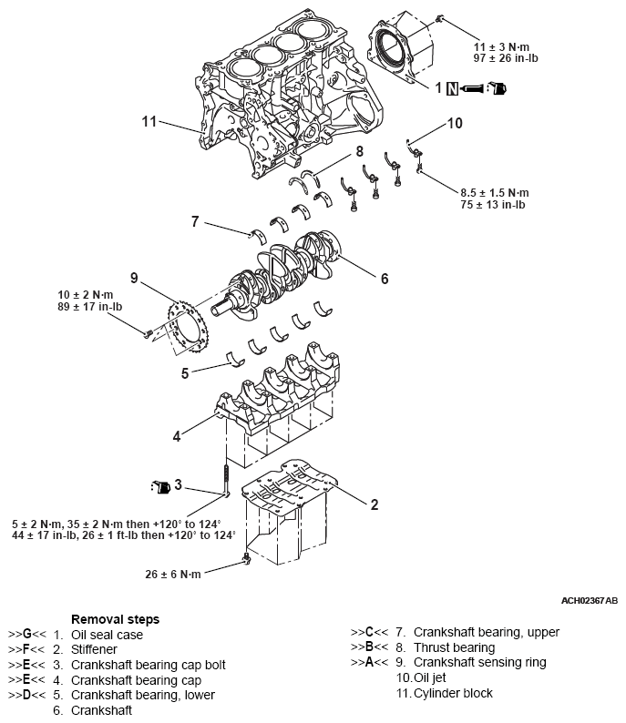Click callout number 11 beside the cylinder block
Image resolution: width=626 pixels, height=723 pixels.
pos(149,120)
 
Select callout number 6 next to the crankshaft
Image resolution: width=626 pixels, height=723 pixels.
pos(384,279)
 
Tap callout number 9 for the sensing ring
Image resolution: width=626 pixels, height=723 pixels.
pos(134,277)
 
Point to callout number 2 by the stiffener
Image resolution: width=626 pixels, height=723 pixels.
pos(374,504)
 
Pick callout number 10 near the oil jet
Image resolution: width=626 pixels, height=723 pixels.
pos(454,123)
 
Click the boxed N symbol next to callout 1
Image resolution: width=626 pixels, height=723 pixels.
pos(452,88)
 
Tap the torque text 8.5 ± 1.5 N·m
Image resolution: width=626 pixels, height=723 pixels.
pos(495,192)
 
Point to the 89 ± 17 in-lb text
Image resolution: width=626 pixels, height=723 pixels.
pos(91,308)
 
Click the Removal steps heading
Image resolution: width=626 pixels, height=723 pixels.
pos(115,619)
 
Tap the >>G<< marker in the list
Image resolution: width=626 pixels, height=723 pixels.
pos(25,634)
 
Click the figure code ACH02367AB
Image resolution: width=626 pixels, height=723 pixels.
pos(590,601)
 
